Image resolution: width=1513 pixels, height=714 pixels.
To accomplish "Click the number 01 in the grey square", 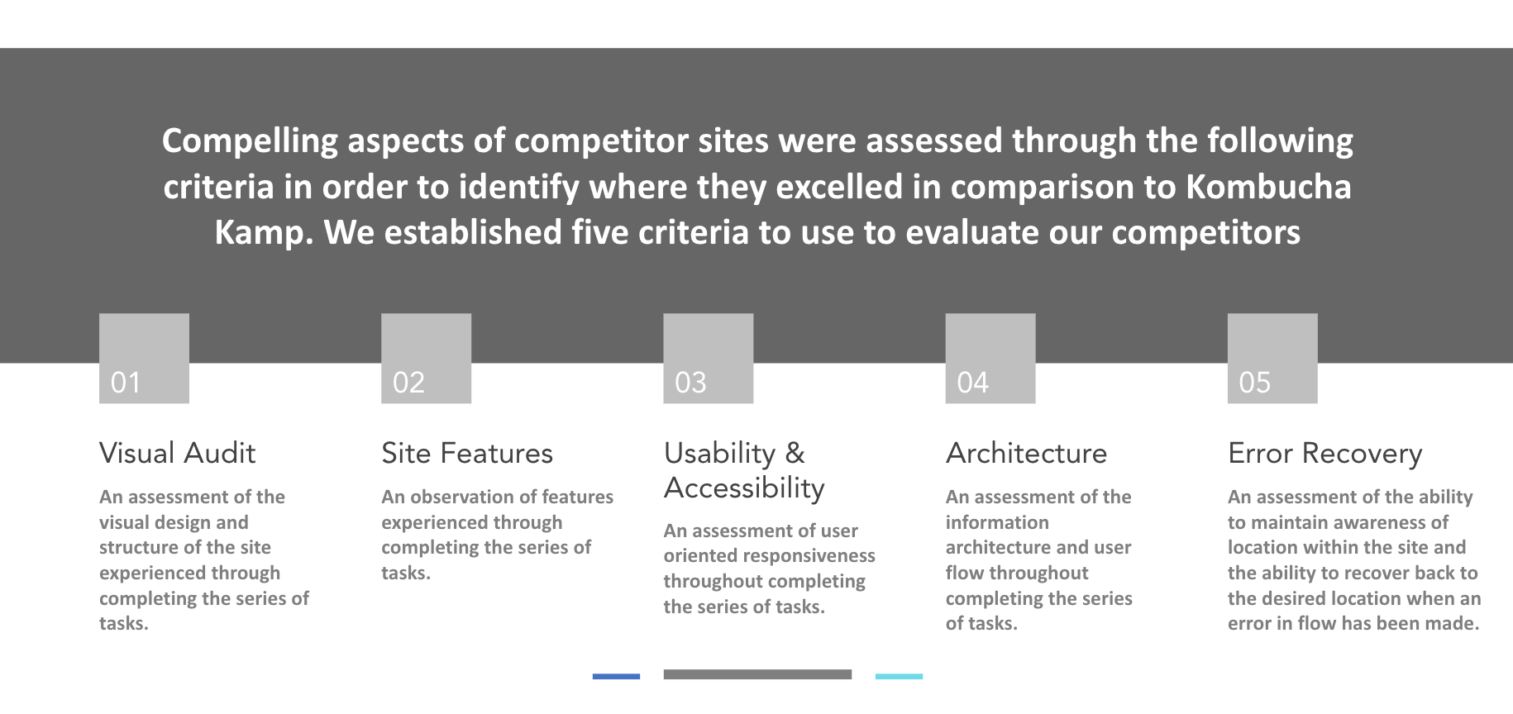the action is click(126, 383).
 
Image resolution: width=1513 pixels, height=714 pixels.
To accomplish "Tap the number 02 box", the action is click(408, 383).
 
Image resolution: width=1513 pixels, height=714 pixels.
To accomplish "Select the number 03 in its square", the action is click(690, 383).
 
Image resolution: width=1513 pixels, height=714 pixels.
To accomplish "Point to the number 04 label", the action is click(972, 383).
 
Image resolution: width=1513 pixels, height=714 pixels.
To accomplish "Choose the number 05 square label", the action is click(1254, 383).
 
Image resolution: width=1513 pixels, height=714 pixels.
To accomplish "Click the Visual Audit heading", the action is click(177, 453).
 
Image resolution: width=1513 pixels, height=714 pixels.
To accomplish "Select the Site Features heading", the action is click(467, 453).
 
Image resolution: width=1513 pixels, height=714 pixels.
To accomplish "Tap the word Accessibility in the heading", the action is click(744, 488).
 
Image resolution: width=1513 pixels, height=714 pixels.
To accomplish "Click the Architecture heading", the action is click(1026, 453).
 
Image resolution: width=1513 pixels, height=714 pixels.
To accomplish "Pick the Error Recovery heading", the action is click(1325, 454).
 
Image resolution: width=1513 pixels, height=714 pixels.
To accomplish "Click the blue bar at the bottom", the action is click(616, 676).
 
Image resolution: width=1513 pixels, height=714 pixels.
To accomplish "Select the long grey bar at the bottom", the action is click(757, 674).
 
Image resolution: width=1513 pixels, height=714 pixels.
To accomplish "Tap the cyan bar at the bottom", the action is click(899, 676).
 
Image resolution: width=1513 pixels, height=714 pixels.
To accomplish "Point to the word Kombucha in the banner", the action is click(1268, 187).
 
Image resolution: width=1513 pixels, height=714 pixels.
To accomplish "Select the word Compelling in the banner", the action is click(250, 141).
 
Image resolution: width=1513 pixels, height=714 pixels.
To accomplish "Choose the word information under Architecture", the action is click(997, 522).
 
